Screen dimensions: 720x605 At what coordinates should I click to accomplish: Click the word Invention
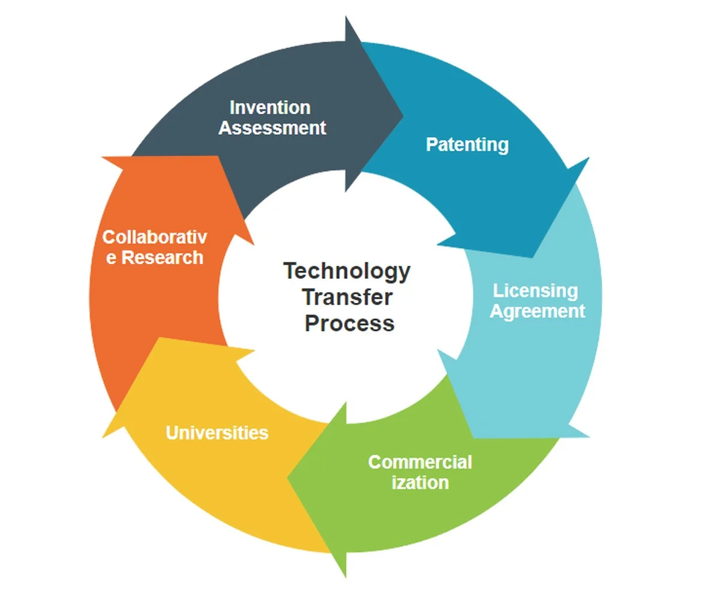(270, 107)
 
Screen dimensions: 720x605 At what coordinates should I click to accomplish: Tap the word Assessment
(272, 128)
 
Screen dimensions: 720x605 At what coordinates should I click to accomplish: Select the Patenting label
(467, 145)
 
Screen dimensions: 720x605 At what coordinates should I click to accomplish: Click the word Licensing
(536, 291)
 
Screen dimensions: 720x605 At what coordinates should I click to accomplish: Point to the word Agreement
(537, 312)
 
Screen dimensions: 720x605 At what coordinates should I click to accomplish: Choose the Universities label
(217, 432)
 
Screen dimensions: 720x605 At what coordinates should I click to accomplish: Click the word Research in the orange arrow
(163, 257)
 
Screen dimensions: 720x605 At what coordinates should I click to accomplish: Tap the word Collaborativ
(154, 237)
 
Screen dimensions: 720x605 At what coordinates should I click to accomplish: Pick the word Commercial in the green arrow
(420, 462)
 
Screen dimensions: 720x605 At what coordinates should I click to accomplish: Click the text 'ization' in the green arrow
(421, 482)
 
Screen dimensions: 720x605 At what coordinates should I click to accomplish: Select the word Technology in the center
(347, 272)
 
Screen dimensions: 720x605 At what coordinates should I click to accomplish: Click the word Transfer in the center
(347, 297)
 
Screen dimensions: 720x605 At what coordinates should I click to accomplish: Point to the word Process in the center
(349, 324)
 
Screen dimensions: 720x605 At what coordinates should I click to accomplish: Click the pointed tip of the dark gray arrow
(403, 115)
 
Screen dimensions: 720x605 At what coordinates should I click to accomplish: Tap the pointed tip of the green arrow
(287, 478)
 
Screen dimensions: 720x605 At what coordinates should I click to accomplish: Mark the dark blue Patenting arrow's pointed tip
(532, 257)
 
